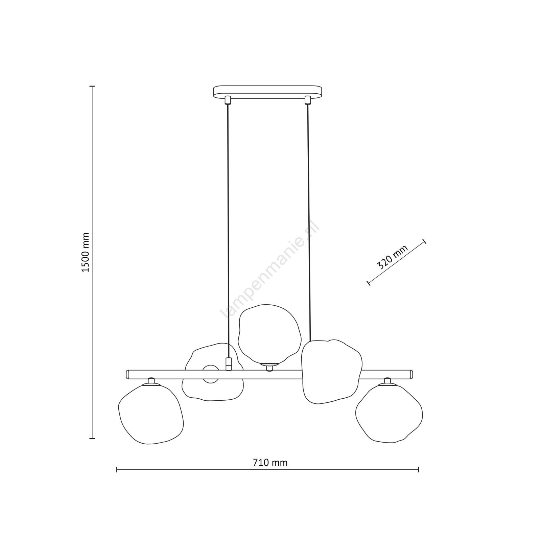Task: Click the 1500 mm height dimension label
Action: [x=86, y=252]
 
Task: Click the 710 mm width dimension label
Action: [x=270, y=463]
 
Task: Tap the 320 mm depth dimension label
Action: [x=393, y=257]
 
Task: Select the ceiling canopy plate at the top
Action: [x=267, y=92]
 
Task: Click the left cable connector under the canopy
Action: [x=228, y=100]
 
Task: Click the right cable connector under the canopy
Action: [x=307, y=100]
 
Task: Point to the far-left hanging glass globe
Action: [x=151, y=414]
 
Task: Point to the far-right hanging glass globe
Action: [x=389, y=413]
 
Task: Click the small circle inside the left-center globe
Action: [x=210, y=374]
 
